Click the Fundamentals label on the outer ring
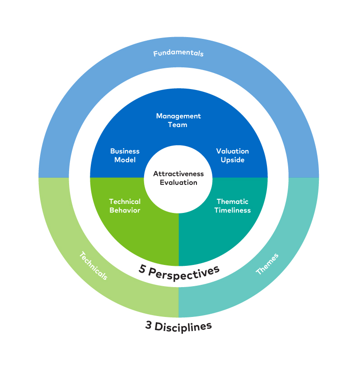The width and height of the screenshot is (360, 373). (x=178, y=53)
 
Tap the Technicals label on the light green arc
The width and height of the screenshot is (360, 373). (x=94, y=266)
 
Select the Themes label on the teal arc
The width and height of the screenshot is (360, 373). (x=267, y=264)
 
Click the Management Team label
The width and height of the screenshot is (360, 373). (x=178, y=120)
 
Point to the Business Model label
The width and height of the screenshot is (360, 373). (x=125, y=156)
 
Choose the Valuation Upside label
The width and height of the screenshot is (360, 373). (x=232, y=156)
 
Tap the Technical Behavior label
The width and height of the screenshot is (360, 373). (x=125, y=206)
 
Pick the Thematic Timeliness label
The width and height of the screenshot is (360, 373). (x=232, y=206)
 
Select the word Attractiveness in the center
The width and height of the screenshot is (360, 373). (x=178, y=174)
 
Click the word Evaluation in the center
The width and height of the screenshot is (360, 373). (x=178, y=183)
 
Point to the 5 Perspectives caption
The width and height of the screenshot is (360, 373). (x=179, y=271)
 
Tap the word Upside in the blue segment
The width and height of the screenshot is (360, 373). (x=232, y=160)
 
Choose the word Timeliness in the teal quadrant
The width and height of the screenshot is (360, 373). (x=232, y=210)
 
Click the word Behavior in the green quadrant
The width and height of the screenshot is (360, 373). (x=125, y=210)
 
